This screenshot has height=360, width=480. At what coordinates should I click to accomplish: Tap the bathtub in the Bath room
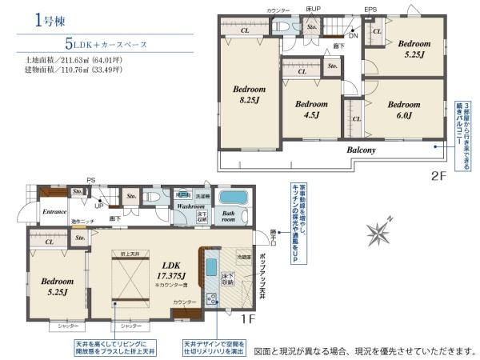(234, 198)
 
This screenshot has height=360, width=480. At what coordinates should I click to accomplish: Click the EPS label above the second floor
(370, 10)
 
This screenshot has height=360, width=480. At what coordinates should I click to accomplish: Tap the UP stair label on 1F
(98, 205)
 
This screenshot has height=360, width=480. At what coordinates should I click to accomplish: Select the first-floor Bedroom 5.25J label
(58, 286)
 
